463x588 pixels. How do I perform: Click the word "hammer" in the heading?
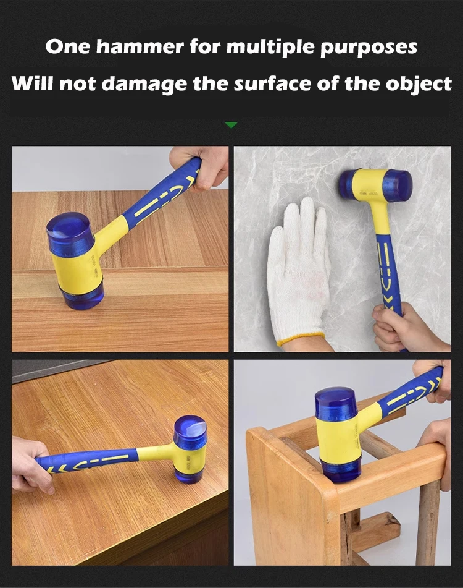[140, 47]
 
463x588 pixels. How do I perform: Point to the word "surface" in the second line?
[273, 83]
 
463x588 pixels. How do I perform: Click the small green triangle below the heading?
[231, 125]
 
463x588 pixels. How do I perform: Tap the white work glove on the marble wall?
[298, 272]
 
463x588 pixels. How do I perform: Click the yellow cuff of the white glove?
[301, 339]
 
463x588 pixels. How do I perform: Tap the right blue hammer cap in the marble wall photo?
[398, 186]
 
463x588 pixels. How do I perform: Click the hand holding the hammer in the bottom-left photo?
[30, 464]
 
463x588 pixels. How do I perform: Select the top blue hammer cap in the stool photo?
[336, 403]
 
